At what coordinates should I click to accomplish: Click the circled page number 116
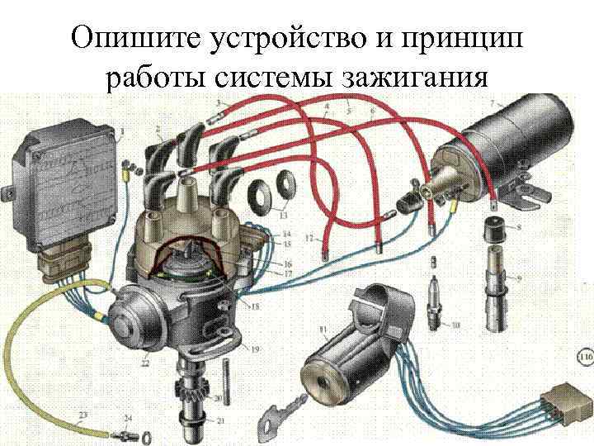[x=584, y=358]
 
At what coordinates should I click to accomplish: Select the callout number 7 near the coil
[x=493, y=102]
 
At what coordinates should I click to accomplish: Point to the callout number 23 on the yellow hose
[x=82, y=414]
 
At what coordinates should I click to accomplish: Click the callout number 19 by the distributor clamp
[x=255, y=349]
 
